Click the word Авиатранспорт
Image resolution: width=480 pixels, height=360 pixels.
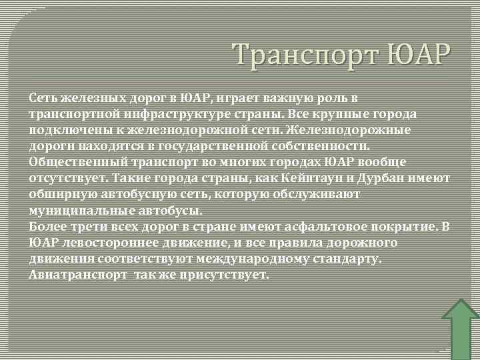(77, 275)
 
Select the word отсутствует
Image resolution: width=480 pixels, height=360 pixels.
(68, 178)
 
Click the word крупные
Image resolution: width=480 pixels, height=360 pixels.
(359, 113)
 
